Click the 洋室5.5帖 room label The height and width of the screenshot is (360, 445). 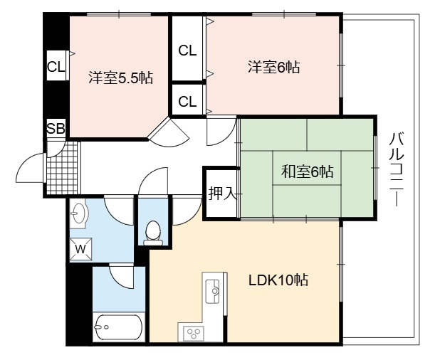point(120,78)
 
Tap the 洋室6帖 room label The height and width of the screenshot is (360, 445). point(273,68)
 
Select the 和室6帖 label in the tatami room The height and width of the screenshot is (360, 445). point(307,171)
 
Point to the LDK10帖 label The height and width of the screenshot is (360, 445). point(278,280)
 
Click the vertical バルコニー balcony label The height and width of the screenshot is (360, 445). point(397,169)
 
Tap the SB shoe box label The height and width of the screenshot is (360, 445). point(56,129)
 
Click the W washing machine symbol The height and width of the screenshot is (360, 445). point(80,249)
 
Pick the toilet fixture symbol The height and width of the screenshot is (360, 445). point(153,233)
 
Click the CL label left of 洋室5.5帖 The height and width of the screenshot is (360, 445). point(56,68)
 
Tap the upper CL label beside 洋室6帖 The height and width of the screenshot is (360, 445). point(187,51)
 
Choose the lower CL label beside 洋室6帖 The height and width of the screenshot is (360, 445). point(187,101)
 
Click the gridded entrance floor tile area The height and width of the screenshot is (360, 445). point(62,168)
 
